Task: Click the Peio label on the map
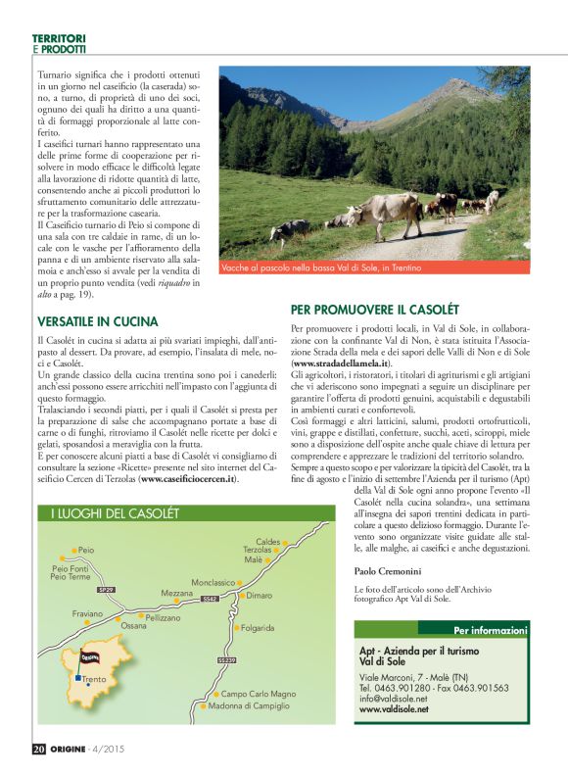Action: (85, 551)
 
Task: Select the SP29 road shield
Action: (105, 590)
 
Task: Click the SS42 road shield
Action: (208, 599)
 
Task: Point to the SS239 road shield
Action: (227, 660)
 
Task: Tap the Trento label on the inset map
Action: (95, 679)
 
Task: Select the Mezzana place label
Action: (177, 593)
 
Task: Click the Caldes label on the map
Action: (268, 541)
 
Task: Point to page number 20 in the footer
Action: (39, 750)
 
